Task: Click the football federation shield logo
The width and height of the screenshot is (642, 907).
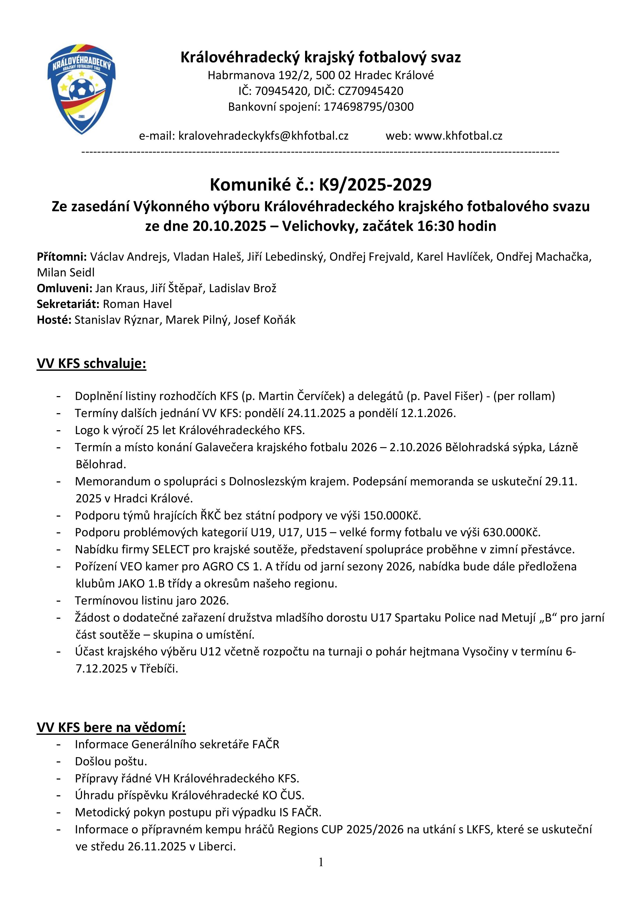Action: point(82,89)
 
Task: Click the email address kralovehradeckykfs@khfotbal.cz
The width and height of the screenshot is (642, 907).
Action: point(263,136)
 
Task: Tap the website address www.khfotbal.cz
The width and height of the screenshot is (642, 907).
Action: point(458,136)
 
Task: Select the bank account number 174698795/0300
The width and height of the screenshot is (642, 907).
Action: point(368,107)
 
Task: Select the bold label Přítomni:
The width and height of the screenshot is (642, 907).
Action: point(62,257)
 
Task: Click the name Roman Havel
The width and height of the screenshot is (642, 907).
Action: point(137,304)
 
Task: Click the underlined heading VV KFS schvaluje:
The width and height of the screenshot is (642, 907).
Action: point(91,364)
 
